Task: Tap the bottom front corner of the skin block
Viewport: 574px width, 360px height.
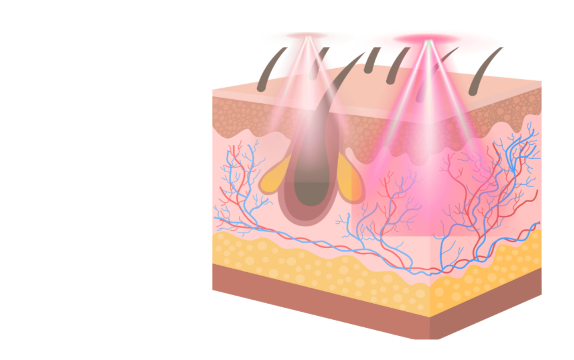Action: coord(429,339)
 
